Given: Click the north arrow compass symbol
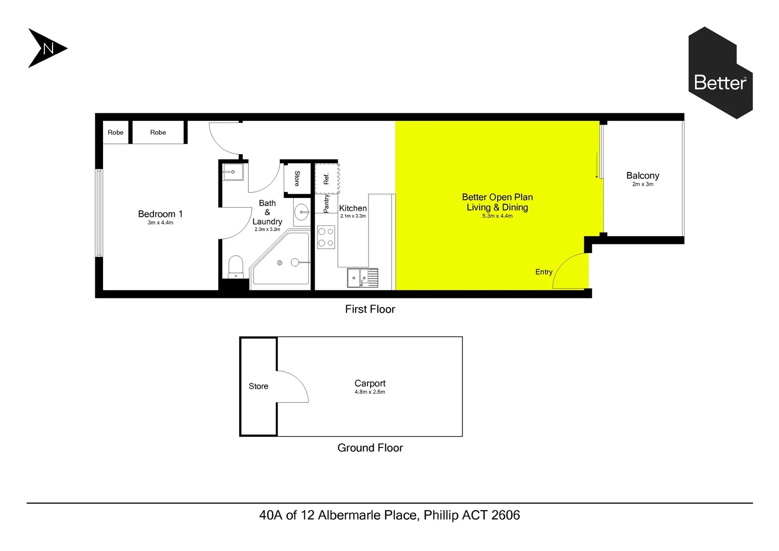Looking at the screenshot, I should tap(46, 48).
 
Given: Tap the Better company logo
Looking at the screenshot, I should tap(720, 73).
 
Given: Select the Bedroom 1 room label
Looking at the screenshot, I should tap(160, 214).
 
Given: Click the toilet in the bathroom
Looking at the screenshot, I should tap(236, 267).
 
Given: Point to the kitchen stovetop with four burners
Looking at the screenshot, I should tap(326, 238).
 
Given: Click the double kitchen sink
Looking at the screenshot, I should tap(362, 278).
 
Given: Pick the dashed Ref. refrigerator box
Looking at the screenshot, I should tap(327, 179).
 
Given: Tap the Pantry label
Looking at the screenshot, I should tap(326, 203).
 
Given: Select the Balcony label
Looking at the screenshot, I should tap(642, 176).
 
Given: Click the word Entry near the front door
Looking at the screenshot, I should tap(543, 272).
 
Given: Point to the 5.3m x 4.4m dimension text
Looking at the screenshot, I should tap(497, 216).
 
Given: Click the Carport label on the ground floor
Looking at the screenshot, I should tap(370, 383).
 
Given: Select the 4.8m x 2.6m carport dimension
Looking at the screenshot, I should tap(370, 392).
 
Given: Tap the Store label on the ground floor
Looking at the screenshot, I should tap(258, 386).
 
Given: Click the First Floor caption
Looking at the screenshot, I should tap(370, 309).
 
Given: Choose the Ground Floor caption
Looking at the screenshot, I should tap(370, 448).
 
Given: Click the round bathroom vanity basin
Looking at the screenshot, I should tap(302, 212).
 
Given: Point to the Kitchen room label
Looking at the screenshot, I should tap(353, 208).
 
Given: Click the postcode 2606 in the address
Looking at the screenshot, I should tap(505, 515).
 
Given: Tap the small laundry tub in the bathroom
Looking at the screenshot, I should tap(233, 172).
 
